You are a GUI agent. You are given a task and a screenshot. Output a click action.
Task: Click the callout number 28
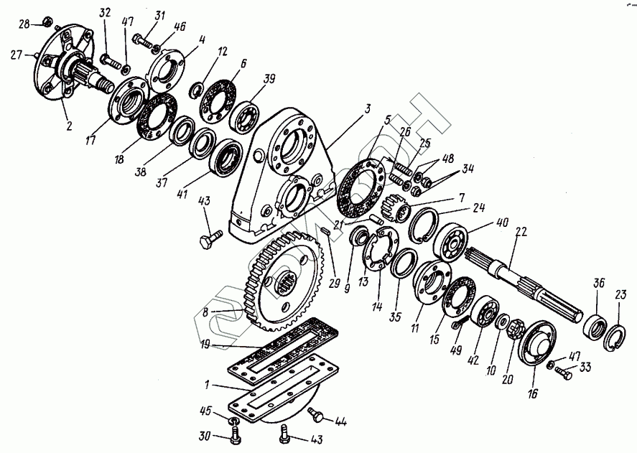click(x=24, y=25)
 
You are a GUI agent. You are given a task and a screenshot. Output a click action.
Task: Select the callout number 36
click(x=599, y=284)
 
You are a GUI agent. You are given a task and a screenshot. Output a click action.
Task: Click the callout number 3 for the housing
click(x=368, y=108)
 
